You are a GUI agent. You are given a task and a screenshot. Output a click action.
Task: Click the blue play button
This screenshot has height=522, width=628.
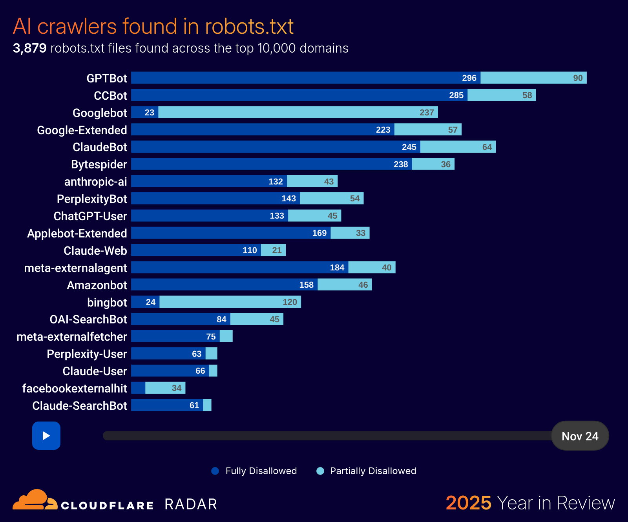[46, 436]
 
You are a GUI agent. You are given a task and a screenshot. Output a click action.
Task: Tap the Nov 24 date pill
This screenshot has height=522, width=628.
[580, 436]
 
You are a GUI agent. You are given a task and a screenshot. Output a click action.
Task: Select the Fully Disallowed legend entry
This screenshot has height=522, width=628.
[254, 471]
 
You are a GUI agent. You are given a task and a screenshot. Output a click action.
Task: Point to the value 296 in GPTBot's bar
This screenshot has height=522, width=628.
[469, 78]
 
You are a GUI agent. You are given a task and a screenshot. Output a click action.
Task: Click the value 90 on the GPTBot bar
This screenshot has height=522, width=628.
[578, 78]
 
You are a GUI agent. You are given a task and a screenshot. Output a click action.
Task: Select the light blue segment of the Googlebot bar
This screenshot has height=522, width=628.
[298, 112]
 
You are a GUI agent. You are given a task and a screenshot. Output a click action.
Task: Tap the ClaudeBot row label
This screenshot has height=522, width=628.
[100, 147]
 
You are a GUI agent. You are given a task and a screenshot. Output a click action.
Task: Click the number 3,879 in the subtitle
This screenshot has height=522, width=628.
[29, 48]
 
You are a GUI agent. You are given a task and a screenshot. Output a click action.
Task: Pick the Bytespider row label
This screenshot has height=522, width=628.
[99, 164]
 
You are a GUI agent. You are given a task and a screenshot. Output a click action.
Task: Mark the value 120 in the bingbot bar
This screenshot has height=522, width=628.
[290, 302]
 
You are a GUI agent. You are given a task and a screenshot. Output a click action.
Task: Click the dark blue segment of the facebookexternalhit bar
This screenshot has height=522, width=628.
[138, 388]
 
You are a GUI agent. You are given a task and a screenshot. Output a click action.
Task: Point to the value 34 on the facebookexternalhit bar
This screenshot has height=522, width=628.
[177, 388]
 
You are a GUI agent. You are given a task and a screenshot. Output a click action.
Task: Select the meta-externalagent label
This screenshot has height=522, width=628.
[75, 268]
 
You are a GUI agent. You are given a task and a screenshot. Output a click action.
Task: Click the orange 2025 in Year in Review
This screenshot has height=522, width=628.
[468, 503]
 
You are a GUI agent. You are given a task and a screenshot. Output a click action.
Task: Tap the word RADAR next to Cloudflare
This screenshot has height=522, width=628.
[191, 504]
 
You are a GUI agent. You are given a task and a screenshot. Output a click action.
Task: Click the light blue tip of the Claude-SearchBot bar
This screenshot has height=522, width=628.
[207, 405]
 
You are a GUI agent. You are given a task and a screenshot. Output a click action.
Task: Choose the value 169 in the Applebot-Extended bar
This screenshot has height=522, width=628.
[319, 233]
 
